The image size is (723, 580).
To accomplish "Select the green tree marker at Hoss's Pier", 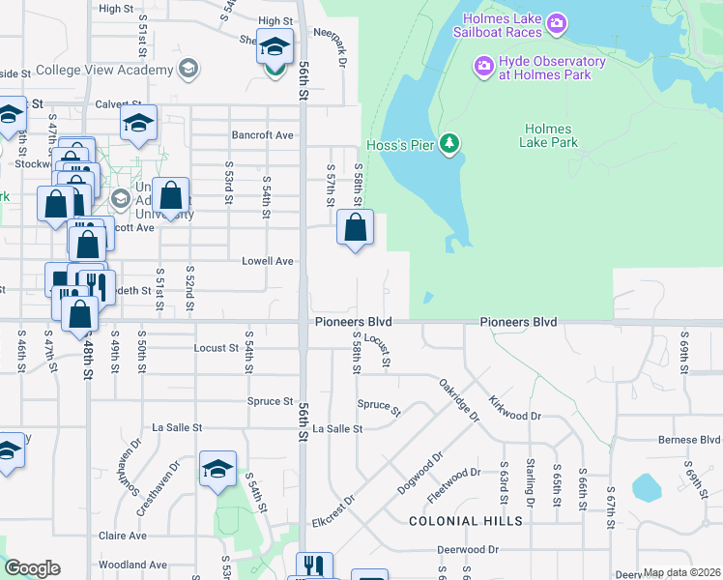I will [x=448, y=144].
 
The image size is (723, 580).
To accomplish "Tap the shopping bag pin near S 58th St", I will [x=356, y=228].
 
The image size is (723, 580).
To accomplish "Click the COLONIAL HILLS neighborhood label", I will [x=466, y=521].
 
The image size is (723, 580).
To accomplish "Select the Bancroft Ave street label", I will [x=262, y=135].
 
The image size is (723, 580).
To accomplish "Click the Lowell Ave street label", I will [x=268, y=261].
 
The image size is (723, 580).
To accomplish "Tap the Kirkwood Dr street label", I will [x=515, y=407].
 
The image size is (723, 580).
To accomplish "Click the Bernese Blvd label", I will [x=690, y=440].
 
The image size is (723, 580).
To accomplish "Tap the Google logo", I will [x=32, y=568].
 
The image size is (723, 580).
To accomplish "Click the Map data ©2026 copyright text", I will [x=681, y=573].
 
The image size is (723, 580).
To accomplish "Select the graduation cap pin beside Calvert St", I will [x=138, y=124].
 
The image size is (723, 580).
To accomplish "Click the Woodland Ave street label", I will [x=132, y=565].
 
